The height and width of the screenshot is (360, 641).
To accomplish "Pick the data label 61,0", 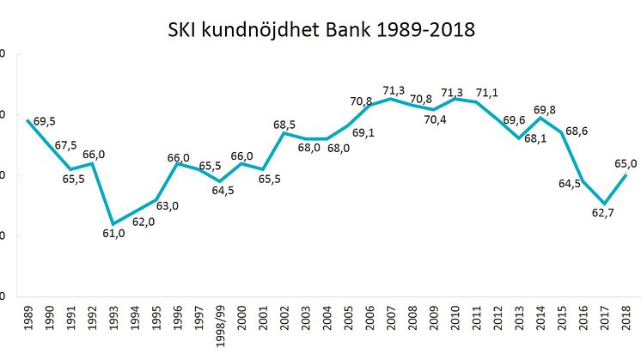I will pos(114,234).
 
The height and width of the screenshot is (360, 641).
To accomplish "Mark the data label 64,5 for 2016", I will pos(571,183).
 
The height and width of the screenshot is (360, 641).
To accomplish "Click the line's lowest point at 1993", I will pos(113,223).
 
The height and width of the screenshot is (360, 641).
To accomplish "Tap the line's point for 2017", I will pos(605,204).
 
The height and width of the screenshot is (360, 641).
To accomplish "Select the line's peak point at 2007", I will pos(391,99).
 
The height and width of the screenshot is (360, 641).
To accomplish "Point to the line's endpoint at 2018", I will pos(626,175).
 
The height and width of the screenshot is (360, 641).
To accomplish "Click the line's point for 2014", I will pos(540,117).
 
